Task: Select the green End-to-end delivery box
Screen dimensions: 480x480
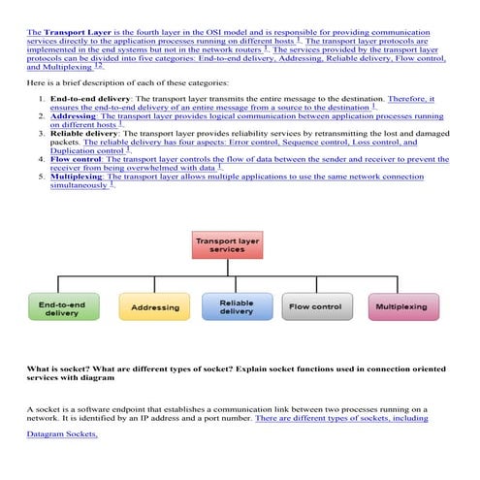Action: (x=61, y=307)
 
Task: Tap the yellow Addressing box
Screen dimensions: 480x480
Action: (x=155, y=307)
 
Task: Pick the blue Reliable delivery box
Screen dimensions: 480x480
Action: (x=237, y=306)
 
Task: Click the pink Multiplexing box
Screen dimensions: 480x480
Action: (x=401, y=307)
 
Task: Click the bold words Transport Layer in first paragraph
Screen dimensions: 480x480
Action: (x=77, y=32)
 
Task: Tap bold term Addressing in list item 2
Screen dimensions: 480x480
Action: (x=73, y=116)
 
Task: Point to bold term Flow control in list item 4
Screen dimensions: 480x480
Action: (x=76, y=159)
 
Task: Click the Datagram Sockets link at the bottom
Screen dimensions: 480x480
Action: (x=62, y=434)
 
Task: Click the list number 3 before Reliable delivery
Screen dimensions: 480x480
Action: (x=40, y=133)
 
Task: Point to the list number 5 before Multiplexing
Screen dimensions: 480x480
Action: (x=40, y=176)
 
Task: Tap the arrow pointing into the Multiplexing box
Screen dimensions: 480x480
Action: (x=401, y=288)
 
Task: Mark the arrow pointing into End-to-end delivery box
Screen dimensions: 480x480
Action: (x=61, y=288)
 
